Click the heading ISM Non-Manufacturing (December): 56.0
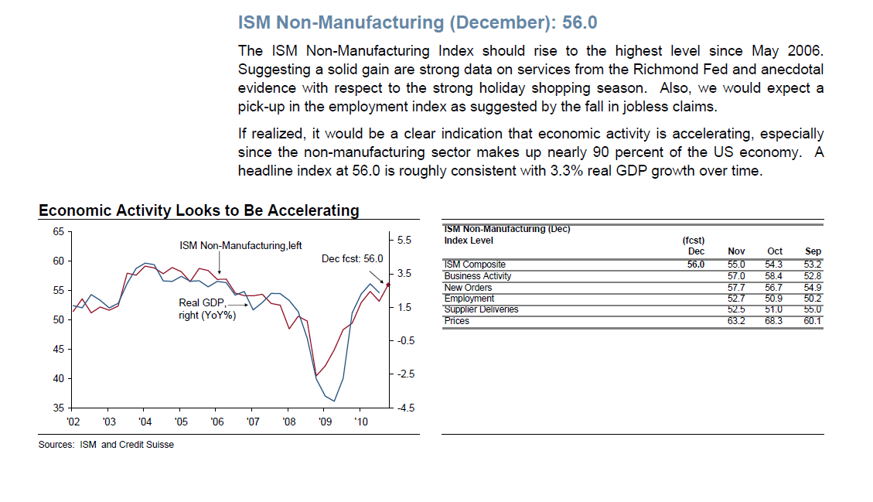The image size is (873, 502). [x=418, y=22]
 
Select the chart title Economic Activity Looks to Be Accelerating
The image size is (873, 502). [x=199, y=210]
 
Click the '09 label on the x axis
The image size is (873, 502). [x=325, y=422]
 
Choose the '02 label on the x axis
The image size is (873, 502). [x=73, y=422]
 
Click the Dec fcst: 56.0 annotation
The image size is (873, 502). [x=353, y=258]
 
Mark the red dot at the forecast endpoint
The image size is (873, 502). [x=387, y=285]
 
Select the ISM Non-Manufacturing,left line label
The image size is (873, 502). [x=240, y=245]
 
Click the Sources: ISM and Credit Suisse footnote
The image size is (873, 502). [x=106, y=445]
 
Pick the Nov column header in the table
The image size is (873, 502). [x=736, y=251]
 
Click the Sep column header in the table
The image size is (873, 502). [x=813, y=251]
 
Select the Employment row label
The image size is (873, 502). [x=469, y=299]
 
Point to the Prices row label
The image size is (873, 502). [x=457, y=321]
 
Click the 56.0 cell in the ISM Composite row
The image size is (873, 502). [x=696, y=265]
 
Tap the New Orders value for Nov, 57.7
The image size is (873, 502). [x=736, y=288]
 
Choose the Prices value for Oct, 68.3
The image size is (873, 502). [x=774, y=321]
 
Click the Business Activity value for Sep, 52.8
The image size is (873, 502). [x=813, y=276]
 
